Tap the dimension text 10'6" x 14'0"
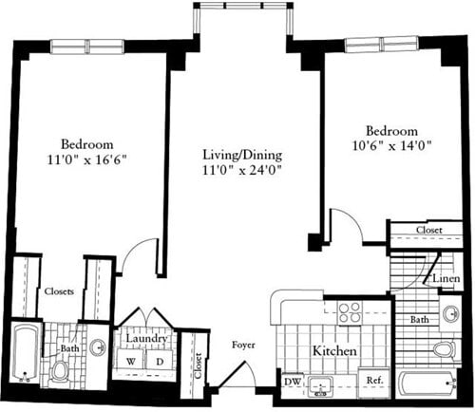pyautogui.click(x=390, y=146)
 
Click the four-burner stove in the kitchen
pyautogui.click(x=350, y=313)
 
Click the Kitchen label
pyautogui.click(x=334, y=351)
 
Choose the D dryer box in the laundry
pyautogui.click(x=159, y=361)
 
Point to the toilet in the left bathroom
pyautogui.click(x=61, y=369)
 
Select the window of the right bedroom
pyautogui.click(x=382, y=43)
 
